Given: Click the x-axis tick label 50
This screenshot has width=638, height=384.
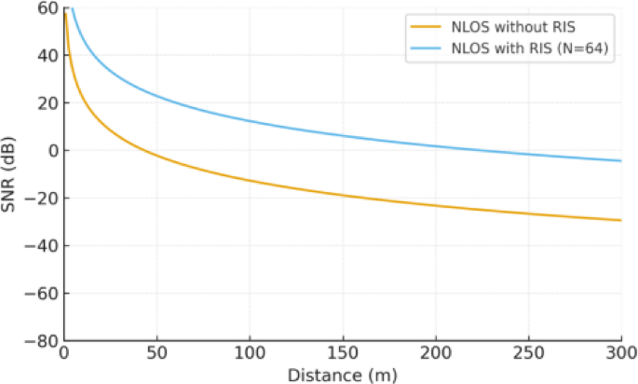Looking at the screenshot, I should (x=156, y=355).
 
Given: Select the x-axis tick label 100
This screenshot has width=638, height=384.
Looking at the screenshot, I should (x=250, y=355).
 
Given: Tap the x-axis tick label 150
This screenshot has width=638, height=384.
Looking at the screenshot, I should (x=343, y=355).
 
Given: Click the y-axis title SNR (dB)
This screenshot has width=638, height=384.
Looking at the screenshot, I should (x=11, y=174).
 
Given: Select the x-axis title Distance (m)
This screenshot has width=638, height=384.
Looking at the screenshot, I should (x=343, y=374).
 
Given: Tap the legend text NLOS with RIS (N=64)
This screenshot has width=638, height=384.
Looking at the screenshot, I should (x=527, y=50).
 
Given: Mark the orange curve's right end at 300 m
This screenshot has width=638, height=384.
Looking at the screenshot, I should (x=621, y=221).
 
